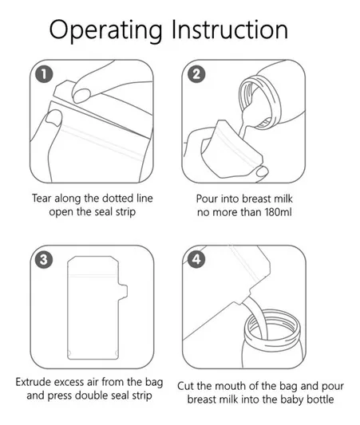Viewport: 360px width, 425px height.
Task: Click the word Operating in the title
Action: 106,30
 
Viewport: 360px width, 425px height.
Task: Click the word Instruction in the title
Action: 230,29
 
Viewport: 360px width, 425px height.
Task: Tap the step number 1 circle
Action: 44,74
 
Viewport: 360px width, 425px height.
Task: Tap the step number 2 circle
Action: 196,74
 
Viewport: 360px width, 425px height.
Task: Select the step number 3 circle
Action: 44,260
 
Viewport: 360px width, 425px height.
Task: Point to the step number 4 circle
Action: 196,260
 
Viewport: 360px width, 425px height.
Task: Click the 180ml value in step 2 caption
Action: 279,212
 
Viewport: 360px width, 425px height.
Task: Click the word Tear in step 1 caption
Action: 42,198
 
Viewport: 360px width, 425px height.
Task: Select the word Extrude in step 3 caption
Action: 33,382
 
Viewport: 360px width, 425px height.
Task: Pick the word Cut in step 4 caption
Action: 186,386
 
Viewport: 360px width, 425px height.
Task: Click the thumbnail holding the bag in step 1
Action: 53,118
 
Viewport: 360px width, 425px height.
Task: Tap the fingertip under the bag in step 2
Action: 262,171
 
